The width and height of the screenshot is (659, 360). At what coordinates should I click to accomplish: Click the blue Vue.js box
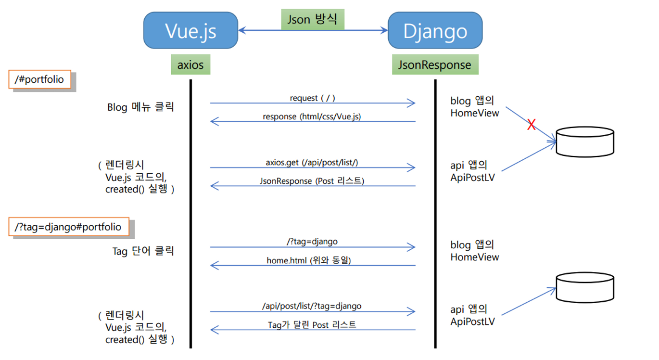pos(190,31)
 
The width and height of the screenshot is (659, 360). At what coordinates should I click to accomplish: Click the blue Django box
pos(435,31)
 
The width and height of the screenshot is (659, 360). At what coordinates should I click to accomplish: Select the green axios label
pos(190,64)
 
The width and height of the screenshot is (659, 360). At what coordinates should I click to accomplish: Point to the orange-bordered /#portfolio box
pos(39,79)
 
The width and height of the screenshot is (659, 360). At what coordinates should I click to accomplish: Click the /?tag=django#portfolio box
pos(68,227)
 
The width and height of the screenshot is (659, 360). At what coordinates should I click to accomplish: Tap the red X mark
pos(531,125)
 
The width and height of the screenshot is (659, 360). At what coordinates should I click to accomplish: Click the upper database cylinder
pos(585,141)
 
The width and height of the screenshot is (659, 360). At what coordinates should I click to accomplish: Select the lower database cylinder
pos(585,288)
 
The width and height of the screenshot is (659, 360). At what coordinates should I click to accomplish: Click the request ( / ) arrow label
pos(313,98)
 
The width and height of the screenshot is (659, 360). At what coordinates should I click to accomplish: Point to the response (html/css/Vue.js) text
pos(312,116)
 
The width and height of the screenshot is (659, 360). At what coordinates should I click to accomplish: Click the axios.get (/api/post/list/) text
pos(312,163)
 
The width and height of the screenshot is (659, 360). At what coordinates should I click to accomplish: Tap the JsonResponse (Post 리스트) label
pos(312,181)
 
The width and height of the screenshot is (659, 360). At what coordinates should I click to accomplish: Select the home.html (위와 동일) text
pos(309,260)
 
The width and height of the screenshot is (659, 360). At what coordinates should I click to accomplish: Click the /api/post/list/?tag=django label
pos(312,306)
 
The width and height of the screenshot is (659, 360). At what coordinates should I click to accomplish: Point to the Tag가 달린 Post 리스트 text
pos(312,325)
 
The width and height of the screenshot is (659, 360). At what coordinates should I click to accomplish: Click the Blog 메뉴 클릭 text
pos(140,107)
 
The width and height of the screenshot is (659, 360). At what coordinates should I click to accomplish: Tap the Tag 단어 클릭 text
pos(143,251)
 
